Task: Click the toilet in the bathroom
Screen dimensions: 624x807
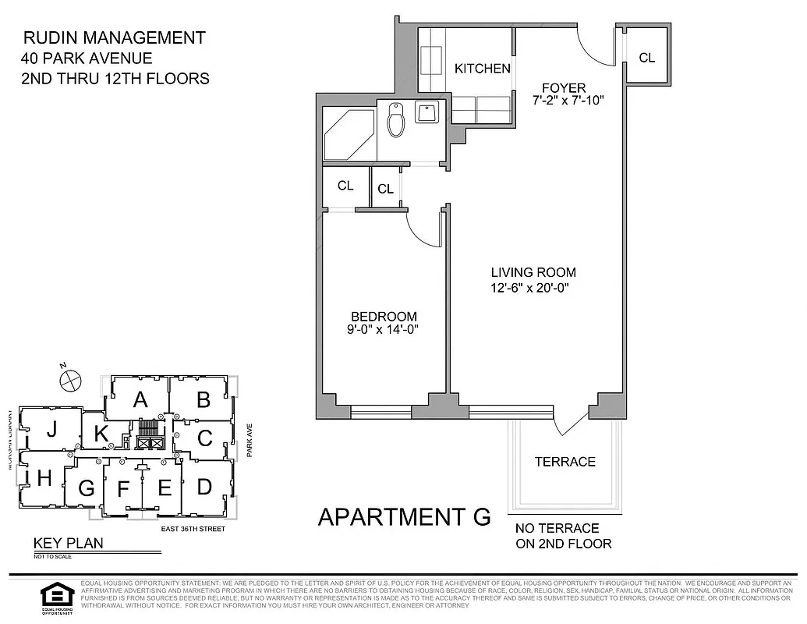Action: coord(396,122)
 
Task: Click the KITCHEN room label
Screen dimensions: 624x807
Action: coord(482,69)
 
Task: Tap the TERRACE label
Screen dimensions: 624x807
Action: coord(565,462)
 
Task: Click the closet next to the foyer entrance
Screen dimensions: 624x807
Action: coord(646,57)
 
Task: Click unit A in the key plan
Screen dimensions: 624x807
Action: coord(140,400)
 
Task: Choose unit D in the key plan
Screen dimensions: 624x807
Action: coord(204,487)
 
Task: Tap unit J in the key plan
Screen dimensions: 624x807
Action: coord(51,429)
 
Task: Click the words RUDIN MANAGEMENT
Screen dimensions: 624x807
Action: coord(115,37)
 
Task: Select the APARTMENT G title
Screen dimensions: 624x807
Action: coord(404,516)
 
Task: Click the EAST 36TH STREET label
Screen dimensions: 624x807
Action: coord(193,529)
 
